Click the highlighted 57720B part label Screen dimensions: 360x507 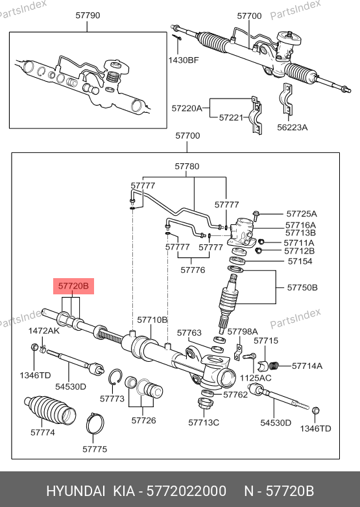point(73,286)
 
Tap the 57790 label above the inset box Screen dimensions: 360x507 point(88,16)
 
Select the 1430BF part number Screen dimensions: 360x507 point(184,60)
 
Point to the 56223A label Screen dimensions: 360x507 point(292,127)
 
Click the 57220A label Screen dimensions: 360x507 point(187,108)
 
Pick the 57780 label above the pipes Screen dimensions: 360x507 point(187,167)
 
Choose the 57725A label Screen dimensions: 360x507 point(302,214)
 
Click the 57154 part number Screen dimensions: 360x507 point(300,261)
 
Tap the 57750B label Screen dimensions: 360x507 point(302,287)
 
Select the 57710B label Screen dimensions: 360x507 point(152,320)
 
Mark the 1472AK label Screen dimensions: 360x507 point(44,331)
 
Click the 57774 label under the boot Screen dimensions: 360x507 point(43,432)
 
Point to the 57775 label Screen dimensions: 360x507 point(95,449)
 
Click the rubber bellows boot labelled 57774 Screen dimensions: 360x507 point(50,409)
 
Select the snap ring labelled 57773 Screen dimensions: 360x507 point(115,377)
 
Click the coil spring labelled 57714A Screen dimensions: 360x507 point(274,366)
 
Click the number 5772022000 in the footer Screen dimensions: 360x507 point(186,491)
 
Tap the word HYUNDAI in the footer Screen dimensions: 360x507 point(76,491)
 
